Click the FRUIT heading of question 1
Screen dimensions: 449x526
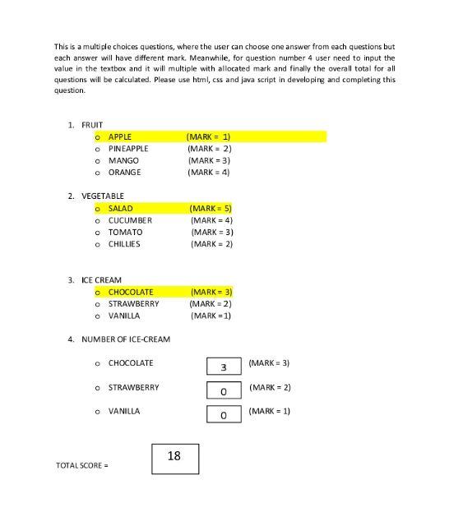click(x=92, y=125)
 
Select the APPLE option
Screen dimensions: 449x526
click(x=119, y=136)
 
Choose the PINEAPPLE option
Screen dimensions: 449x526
click(x=128, y=149)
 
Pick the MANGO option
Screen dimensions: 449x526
click(x=123, y=160)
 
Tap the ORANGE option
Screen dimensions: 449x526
click(x=124, y=173)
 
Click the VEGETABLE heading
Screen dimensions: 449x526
click(x=103, y=196)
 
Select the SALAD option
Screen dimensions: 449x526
click(x=120, y=208)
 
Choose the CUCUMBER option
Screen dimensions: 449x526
click(x=130, y=220)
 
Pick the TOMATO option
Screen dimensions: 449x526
click(x=125, y=232)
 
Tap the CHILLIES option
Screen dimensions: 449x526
click(x=124, y=244)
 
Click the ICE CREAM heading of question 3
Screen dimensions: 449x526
click(x=101, y=280)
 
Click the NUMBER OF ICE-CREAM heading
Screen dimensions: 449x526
click(x=126, y=339)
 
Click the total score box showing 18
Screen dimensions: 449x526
click(x=174, y=459)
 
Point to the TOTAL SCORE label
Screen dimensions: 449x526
click(x=81, y=466)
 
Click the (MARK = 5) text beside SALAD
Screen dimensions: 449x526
click(x=211, y=208)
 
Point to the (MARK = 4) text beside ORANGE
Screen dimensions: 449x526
click(x=208, y=173)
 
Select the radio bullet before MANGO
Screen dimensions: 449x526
click(x=98, y=161)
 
